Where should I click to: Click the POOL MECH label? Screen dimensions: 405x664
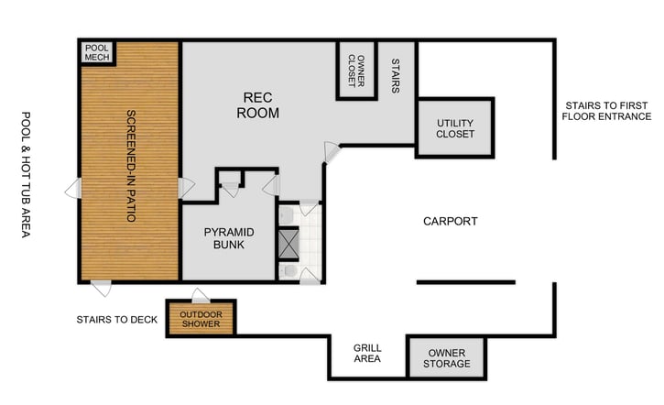click(x=96, y=52)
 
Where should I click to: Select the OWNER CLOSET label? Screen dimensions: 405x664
click(x=356, y=71)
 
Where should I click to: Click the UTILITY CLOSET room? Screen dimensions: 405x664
click(x=455, y=127)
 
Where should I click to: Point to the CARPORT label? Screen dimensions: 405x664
click(x=450, y=222)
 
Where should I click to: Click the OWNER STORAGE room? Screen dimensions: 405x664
click(x=448, y=357)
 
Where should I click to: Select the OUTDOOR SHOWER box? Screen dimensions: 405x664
click(x=201, y=318)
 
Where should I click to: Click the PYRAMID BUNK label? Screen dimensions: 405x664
click(x=228, y=238)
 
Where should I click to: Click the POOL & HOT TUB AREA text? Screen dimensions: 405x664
click(x=26, y=175)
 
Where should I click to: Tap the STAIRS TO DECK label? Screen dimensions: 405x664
click(x=117, y=320)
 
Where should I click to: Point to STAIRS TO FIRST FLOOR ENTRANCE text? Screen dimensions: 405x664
click(x=606, y=111)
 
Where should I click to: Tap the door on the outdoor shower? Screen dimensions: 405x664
click(x=200, y=295)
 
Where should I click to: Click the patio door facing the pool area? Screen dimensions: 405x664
click(x=73, y=190)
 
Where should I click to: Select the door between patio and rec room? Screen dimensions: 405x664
click(x=186, y=188)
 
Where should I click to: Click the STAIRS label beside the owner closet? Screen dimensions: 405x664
click(x=396, y=77)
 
